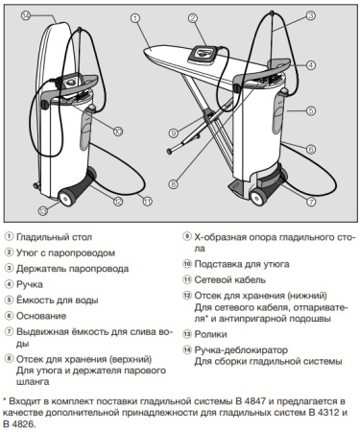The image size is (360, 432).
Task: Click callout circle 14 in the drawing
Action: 25,15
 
